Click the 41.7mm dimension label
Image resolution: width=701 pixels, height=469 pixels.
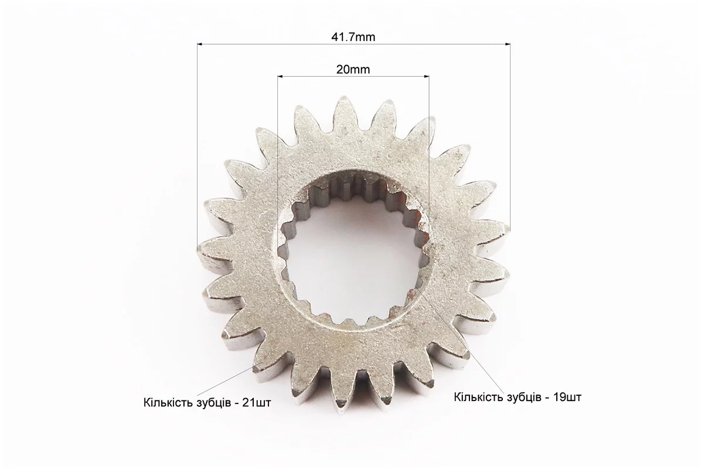pos(353,37)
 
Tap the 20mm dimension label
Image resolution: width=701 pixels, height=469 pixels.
pos(353,69)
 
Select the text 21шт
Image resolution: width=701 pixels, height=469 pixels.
pos(256,402)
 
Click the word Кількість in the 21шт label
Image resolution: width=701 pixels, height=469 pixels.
pos(167,402)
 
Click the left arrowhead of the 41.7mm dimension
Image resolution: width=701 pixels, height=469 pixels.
pos(200,44)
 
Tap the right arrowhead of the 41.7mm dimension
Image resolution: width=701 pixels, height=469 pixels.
pos(507,44)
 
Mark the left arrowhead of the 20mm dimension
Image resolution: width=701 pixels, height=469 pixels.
pos(281,76)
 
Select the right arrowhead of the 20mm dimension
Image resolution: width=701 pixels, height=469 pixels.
pos(426,76)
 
